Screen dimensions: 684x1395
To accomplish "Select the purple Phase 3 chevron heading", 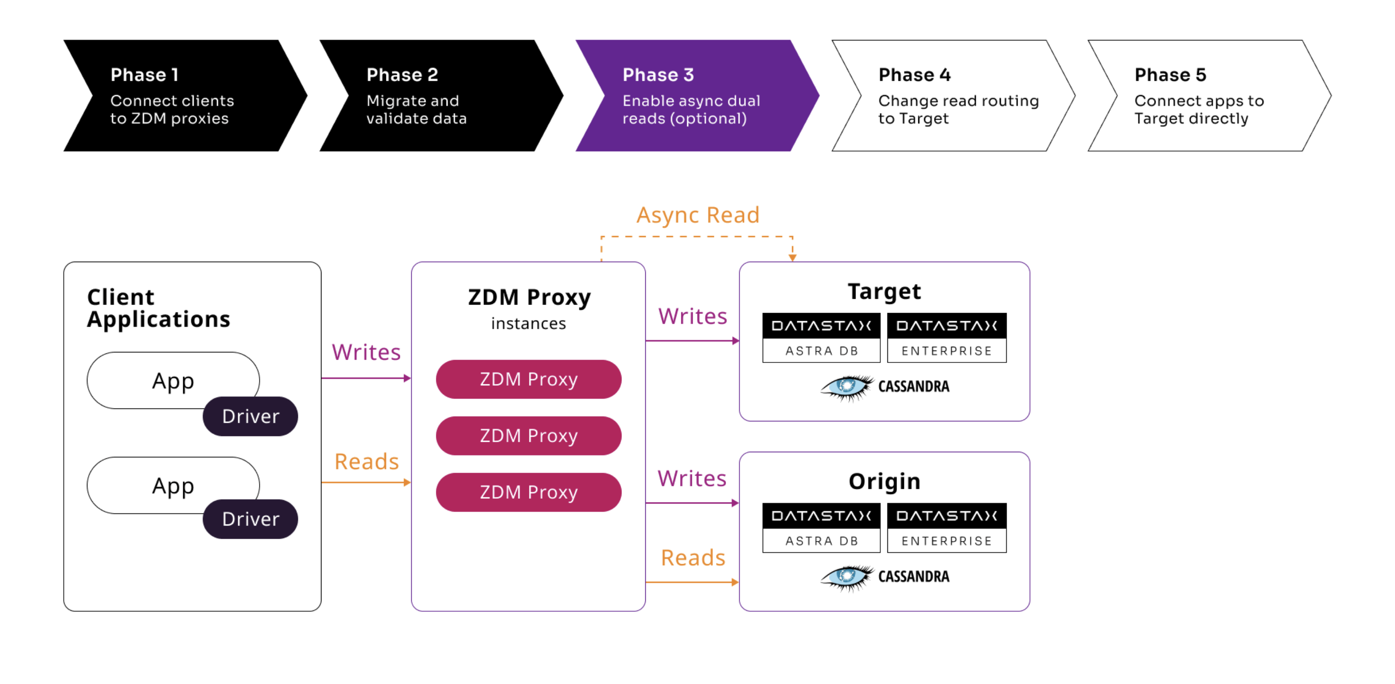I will tap(658, 75).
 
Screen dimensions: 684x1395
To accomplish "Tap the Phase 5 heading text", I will tap(1170, 75).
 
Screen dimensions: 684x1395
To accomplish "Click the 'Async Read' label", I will tap(697, 215).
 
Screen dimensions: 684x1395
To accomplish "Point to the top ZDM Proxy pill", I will tap(528, 379).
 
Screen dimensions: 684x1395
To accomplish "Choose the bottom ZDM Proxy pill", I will tap(528, 492).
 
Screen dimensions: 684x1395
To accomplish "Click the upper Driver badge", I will tap(250, 416).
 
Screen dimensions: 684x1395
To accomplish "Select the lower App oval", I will tap(173, 485).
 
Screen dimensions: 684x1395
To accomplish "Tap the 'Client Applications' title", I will tap(158, 308).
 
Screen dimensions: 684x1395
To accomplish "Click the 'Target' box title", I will tap(884, 291).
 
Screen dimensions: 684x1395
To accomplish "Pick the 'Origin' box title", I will tap(884, 481).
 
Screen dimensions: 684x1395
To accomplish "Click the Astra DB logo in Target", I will tap(821, 337).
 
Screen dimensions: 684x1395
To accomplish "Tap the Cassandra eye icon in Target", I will tap(846, 387).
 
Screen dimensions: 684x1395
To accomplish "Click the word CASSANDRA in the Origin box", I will tap(913, 576).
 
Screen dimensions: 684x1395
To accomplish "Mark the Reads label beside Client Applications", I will tap(366, 461).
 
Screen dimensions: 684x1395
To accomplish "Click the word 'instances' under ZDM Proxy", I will tap(528, 323).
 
